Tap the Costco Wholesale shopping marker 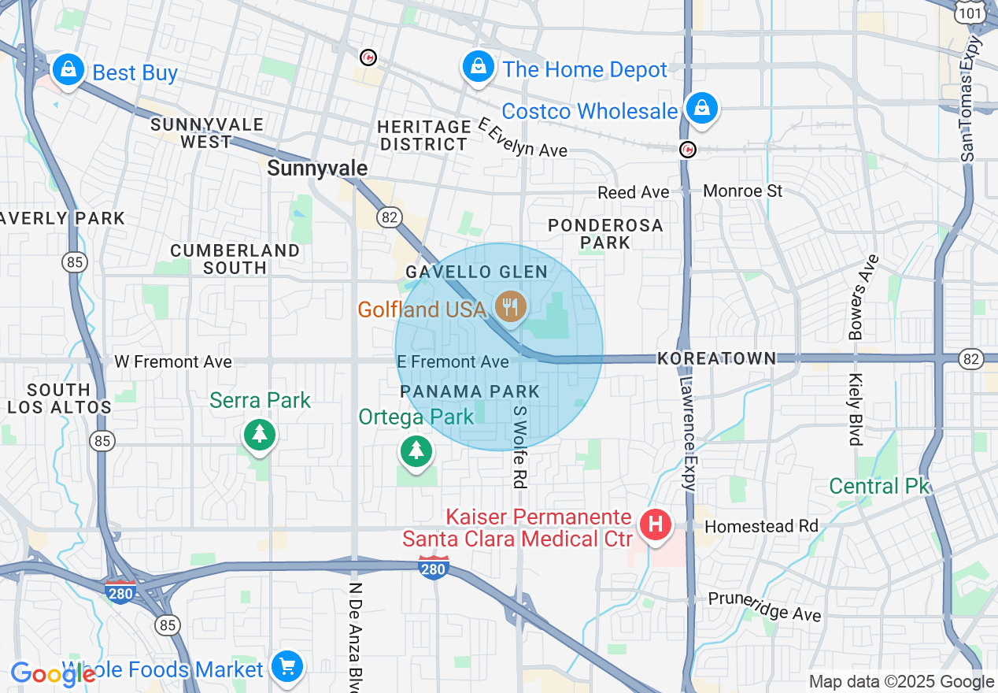click(x=700, y=108)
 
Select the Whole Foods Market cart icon click(x=286, y=667)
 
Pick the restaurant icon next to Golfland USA click(x=512, y=306)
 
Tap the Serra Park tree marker click(x=260, y=432)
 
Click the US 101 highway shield click(x=970, y=13)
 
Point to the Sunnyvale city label click(x=317, y=168)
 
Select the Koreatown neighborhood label click(x=716, y=358)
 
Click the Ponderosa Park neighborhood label click(x=605, y=234)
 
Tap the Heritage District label click(x=423, y=135)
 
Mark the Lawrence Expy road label click(x=687, y=433)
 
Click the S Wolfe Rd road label click(x=519, y=446)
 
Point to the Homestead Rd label click(x=761, y=526)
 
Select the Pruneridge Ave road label click(x=764, y=606)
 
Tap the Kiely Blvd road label click(x=856, y=409)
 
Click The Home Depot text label click(x=585, y=69)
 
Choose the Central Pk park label click(x=879, y=486)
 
